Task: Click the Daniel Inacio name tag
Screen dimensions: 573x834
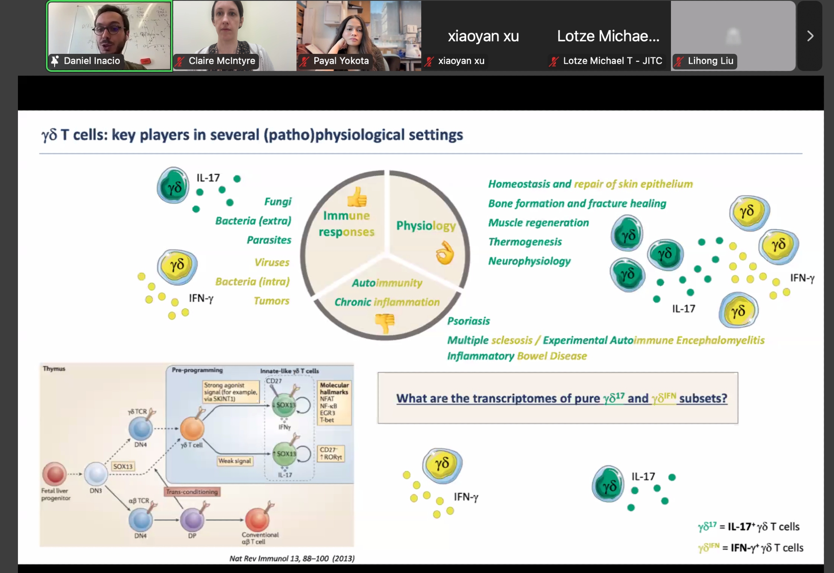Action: (x=91, y=61)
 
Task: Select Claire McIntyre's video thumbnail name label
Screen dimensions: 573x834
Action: (x=221, y=61)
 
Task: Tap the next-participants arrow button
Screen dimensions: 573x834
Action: (x=810, y=36)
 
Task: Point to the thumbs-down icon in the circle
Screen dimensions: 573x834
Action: (x=384, y=323)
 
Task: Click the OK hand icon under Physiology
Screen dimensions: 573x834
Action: (x=445, y=252)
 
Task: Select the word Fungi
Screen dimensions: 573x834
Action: (x=278, y=202)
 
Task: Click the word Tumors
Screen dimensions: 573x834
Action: (x=271, y=300)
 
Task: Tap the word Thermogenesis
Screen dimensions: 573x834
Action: (x=525, y=242)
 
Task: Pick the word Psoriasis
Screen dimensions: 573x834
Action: (x=468, y=321)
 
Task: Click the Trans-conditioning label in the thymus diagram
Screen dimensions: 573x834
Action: (x=192, y=492)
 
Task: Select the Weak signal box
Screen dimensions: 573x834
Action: (x=235, y=461)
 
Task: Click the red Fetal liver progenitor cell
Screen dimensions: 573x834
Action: (x=55, y=474)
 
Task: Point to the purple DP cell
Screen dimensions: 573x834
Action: (x=192, y=520)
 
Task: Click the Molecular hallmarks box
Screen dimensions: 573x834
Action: (x=334, y=402)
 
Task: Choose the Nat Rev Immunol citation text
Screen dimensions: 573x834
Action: (x=292, y=558)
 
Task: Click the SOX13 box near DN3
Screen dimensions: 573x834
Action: (x=123, y=466)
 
